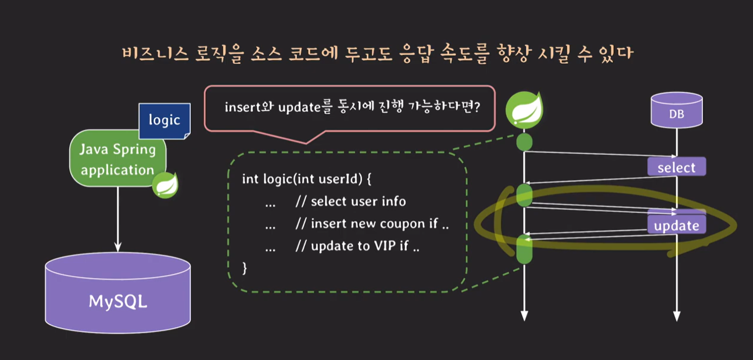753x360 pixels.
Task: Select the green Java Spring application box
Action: (117, 159)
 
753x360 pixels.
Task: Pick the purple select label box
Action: (676, 167)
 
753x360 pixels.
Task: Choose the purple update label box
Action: (676, 225)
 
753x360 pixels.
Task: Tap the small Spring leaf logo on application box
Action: (165, 185)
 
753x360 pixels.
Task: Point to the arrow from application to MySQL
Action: (118, 220)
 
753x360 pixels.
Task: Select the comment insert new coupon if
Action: (372, 223)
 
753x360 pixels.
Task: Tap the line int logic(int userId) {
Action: (307, 178)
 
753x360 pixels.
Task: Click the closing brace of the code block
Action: (245, 267)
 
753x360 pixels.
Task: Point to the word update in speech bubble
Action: (294, 107)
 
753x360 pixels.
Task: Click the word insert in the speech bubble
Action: (240, 107)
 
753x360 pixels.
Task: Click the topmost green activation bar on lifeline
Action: (524, 142)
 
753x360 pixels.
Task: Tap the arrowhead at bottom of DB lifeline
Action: (676, 316)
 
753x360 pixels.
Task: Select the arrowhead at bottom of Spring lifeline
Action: (524, 316)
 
